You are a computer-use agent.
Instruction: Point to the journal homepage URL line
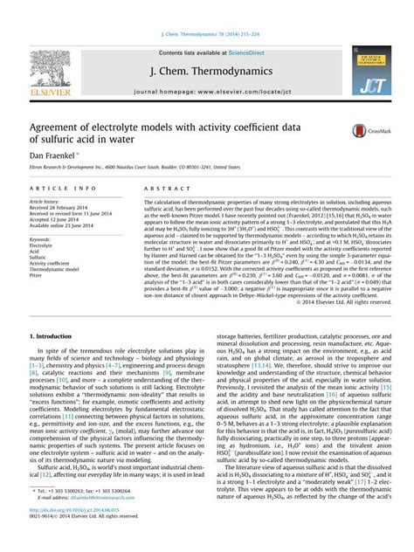coord(206,90)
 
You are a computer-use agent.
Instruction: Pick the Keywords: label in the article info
coord(43,238)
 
